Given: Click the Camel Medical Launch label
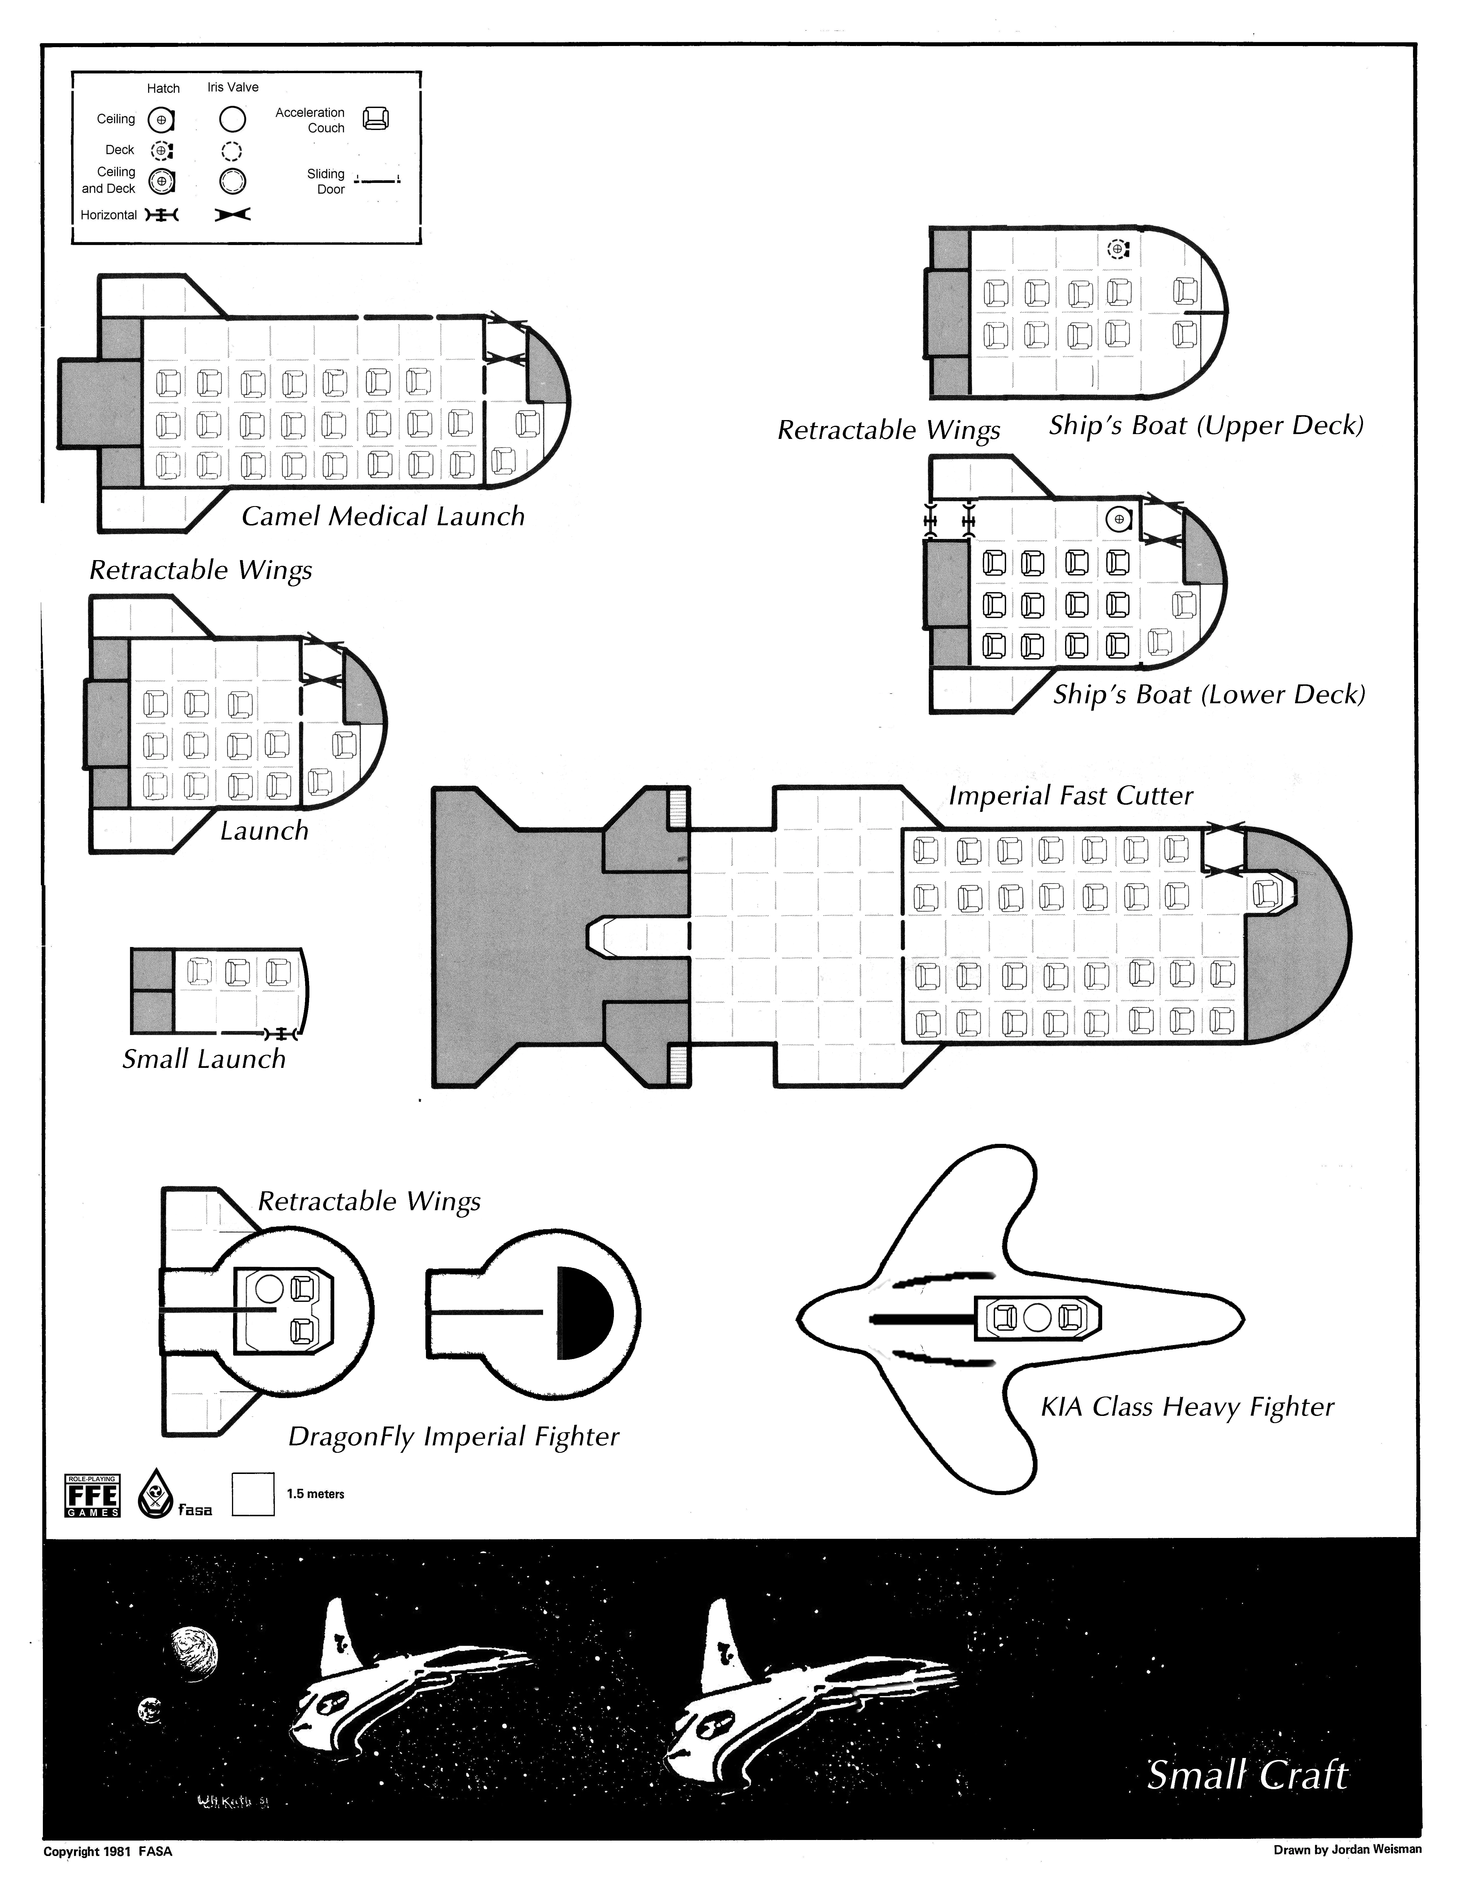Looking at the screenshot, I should [x=382, y=516].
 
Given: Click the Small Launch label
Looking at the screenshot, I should [x=204, y=1059].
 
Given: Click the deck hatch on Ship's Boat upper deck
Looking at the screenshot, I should [x=1118, y=249].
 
